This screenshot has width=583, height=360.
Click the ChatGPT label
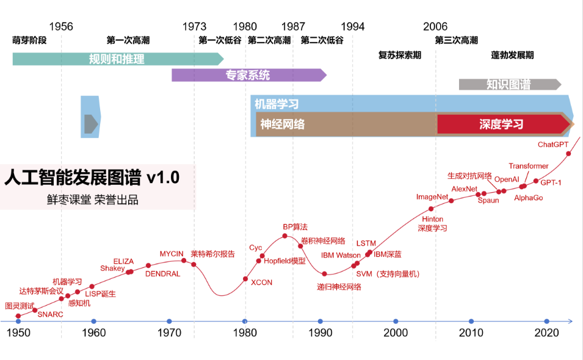click(552, 145)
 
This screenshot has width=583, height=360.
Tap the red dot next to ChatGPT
click(568, 153)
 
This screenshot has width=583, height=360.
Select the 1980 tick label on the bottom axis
click(245, 333)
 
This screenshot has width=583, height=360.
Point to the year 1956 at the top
click(61, 27)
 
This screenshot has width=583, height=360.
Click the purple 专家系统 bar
click(248, 76)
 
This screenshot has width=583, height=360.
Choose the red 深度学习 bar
click(502, 124)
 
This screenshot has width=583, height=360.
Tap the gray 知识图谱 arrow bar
click(509, 85)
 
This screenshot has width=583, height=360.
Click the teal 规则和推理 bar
click(117, 59)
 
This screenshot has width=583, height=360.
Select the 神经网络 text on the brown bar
click(282, 124)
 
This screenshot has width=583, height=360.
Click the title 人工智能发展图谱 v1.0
click(92, 178)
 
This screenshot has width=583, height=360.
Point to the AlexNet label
click(464, 189)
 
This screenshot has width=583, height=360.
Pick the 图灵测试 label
click(20, 305)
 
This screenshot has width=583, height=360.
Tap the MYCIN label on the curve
click(172, 253)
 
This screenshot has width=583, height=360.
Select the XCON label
click(261, 283)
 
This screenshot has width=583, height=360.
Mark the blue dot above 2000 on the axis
click(396, 321)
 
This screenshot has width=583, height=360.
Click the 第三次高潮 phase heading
click(456, 40)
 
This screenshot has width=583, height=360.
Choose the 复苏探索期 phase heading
click(399, 55)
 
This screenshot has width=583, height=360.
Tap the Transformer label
click(529, 166)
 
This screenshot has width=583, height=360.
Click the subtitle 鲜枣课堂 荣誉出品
click(93, 200)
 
